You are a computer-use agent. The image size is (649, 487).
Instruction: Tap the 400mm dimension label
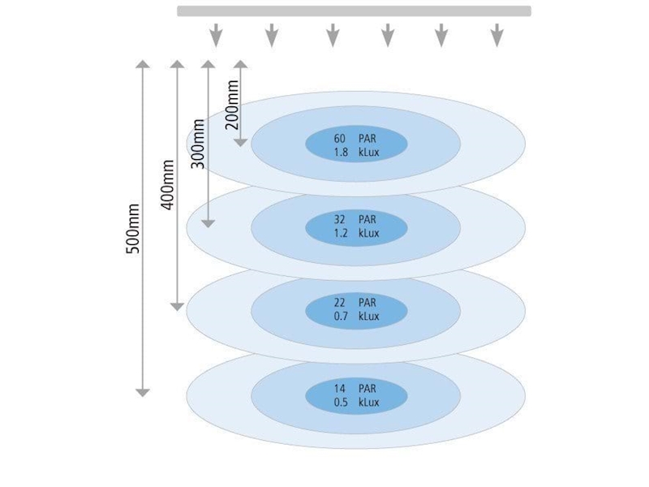click(x=169, y=184)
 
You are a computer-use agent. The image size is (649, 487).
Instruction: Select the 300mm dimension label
click(x=199, y=144)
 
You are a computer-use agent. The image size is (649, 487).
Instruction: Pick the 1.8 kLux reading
click(x=355, y=152)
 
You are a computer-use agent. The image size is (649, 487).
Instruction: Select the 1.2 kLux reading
click(x=355, y=233)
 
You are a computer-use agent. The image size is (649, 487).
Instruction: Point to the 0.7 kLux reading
click(x=355, y=316)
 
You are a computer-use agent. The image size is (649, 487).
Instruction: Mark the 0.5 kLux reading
click(x=355, y=402)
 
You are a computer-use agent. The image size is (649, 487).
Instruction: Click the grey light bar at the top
click(x=354, y=11)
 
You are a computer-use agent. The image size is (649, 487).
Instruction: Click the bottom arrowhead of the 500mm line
click(x=143, y=392)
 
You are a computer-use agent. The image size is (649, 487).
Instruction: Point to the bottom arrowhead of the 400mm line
click(x=177, y=306)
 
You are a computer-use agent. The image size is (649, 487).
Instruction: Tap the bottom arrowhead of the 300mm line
click(x=208, y=222)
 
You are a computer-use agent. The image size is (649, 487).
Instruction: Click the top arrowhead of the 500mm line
click(x=143, y=63)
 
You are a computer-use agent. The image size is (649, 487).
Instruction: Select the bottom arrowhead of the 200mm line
click(x=240, y=142)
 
